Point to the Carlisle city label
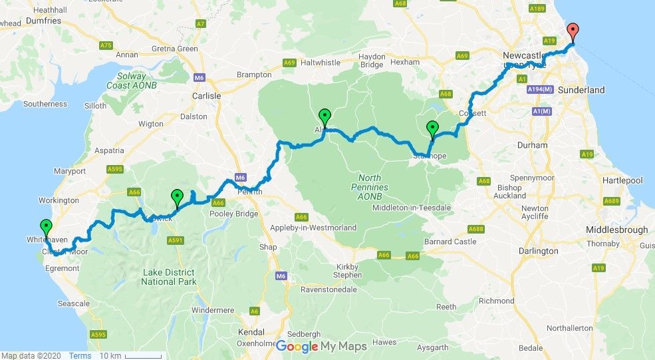coord(206,96)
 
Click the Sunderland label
coord(581,90)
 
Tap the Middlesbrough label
coord(616,230)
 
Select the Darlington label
coord(539,251)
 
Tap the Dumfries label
coord(43,21)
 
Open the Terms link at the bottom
coord(80,355)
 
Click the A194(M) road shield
coord(540,89)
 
